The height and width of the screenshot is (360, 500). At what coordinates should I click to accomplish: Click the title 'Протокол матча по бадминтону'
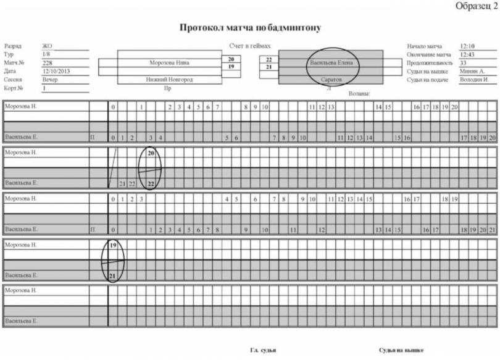[x=251, y=28]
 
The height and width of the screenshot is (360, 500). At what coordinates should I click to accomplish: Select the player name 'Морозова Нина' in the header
[x=169, y=63]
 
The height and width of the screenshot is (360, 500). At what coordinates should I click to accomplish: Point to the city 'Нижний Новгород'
[x=169, y=80]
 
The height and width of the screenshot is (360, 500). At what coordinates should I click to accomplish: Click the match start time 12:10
[x=467, y=46]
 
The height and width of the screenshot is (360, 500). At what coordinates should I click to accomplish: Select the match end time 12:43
[x=467, y=54]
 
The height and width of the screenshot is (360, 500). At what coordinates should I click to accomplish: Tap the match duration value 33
[x=464, y=63]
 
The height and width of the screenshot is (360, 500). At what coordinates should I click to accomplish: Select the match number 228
[x=48, y=63]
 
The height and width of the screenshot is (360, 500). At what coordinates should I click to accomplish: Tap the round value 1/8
[x=46, y=54]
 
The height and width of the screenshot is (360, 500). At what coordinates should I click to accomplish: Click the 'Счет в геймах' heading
[x=249, y=47]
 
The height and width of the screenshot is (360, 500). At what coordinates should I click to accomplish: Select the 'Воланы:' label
[x=359, y=94]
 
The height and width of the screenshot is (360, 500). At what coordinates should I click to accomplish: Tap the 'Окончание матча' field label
[x=429, y=54]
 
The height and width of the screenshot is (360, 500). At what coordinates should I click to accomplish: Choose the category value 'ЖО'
[x=47, y=46]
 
